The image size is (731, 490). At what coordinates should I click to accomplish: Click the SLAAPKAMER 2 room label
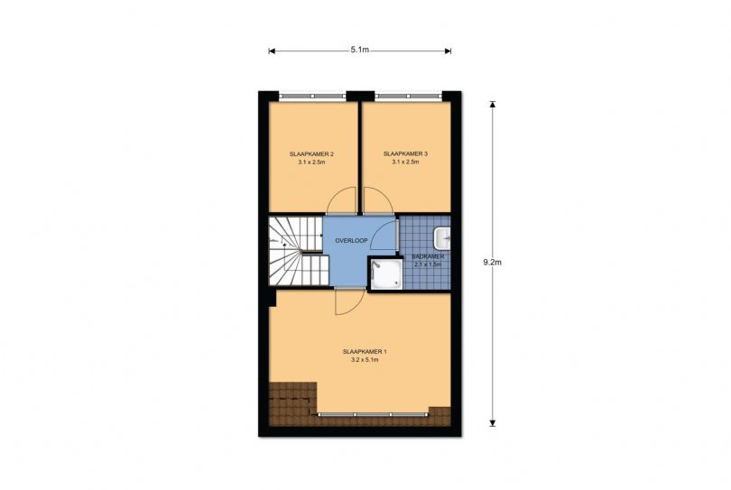311,153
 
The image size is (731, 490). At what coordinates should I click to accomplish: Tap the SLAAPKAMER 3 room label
405,153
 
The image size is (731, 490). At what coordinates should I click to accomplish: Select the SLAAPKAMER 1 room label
365,352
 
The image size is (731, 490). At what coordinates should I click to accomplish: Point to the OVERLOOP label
352,241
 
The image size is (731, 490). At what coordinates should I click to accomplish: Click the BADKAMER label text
428,256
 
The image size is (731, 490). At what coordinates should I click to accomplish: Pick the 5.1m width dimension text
360,50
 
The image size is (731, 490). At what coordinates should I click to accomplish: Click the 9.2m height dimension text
493,262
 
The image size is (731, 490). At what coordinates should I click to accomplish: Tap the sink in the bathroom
442,238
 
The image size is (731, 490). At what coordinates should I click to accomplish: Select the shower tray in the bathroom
386,274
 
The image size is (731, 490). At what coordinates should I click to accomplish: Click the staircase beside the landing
297,251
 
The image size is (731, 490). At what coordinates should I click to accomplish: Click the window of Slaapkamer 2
312,96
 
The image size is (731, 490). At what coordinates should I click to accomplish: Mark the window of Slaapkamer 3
409,96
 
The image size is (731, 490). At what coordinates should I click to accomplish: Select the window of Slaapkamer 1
373,414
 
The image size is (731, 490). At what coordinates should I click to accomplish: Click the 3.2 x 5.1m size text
365,360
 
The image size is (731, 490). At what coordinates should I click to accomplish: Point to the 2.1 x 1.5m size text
428,264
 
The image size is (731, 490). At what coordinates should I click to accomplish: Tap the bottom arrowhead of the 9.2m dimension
493,423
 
